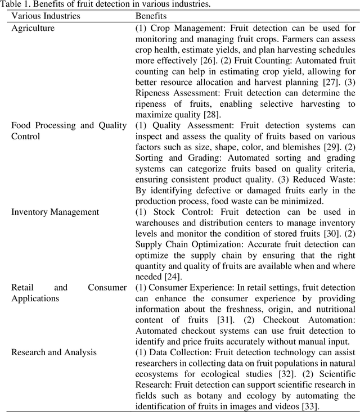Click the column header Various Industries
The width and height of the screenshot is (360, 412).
[46, 16]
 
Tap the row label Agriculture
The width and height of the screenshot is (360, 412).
[33, 28]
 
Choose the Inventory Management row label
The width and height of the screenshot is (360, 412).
[55, 211]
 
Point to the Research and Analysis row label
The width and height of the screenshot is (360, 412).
[53, 352]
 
